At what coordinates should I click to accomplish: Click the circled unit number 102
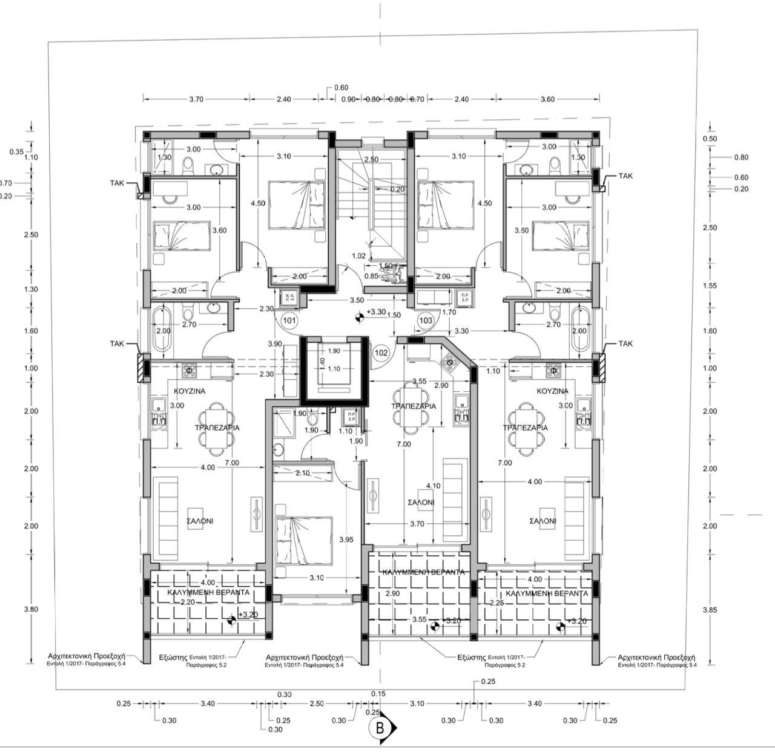point(381,352)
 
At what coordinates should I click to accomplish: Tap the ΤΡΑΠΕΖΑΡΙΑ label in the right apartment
point(525,427)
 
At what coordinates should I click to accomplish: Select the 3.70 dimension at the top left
point(196,99)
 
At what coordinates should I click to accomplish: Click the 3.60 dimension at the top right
point(547,99)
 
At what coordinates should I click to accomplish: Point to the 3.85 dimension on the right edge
point(710,610)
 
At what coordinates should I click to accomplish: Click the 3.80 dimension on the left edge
point(30,609)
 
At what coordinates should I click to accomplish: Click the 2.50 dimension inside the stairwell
point(371,159)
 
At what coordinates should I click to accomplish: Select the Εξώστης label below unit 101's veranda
point(173,656)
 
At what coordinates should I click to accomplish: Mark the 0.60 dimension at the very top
point(341,88)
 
